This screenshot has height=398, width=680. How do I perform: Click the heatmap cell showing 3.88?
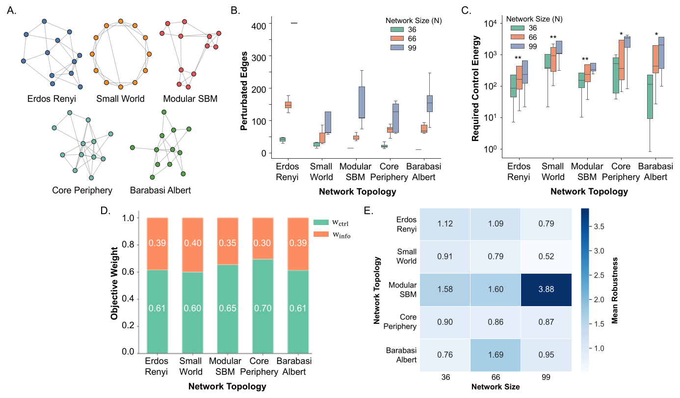click(x=546, y=289)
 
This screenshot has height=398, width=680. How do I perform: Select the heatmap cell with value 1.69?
click(x=496, y=355)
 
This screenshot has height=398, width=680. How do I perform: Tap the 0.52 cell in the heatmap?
click(x=546, y=256)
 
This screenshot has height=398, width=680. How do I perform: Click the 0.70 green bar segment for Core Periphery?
click(x=263, y=306)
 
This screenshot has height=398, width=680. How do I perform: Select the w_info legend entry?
click(x=332, y=234)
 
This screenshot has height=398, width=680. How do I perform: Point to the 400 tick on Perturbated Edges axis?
click(x=259, y=26)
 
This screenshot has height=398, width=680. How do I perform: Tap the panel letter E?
click(x=368, y=210)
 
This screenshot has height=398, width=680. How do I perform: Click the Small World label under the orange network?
click(x=120, y=99)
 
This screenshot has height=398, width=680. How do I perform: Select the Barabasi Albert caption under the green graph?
click(x=160, y=190)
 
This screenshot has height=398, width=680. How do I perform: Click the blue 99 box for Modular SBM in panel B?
click(x=362, y=102)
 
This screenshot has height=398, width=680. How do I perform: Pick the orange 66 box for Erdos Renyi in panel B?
click(x=288, y=105)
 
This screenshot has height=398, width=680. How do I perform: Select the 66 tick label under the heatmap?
click(x=496, y=377)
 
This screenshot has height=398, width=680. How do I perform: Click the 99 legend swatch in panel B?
click(x=397, y=48)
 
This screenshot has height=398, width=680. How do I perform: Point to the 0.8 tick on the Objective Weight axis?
click(x=128, y=245)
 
